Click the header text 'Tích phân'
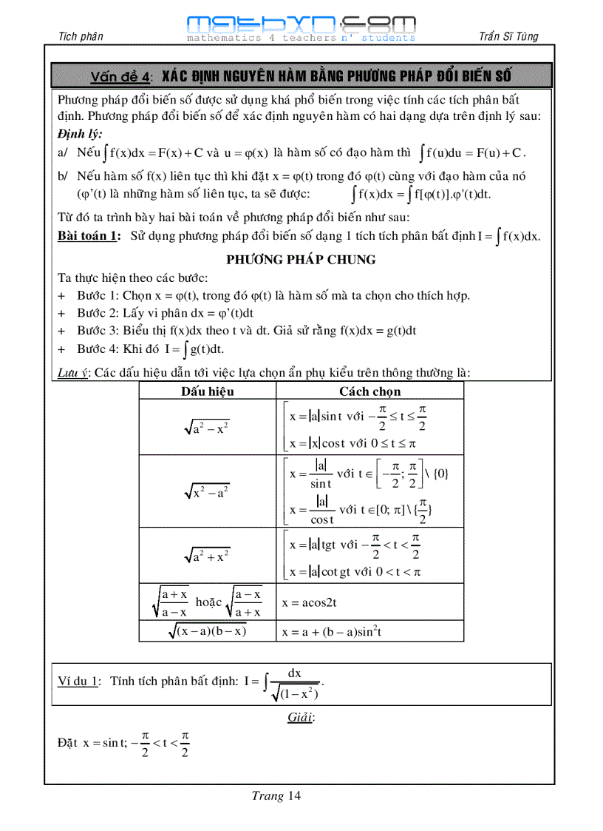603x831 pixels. pyautogui.click(x=81, y=37)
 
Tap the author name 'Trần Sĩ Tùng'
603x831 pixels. pyautogui.click(x=509, y=37)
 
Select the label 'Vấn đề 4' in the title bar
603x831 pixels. pyautogui.click(x=121, y=77)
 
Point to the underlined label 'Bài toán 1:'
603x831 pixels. pyautogui.click(x=89, y=236)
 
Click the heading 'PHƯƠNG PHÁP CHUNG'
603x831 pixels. pyautogui.click(x=301, y=260)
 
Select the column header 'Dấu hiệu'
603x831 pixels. pyautogui.click(x=207, y=391)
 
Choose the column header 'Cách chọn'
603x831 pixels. pyautogui.click(x=369, y=391)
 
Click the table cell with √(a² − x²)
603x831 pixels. pyautogui.click(x=207, y=428)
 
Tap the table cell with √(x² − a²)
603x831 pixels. pyautogui.click(x=207, y=491)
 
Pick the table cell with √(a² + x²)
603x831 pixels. pyautogui.click(x=207, y=556)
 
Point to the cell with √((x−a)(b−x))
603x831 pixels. pyautogui.click(x=207, y=630)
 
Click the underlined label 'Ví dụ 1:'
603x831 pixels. pyautogui.click(x=79, y=682)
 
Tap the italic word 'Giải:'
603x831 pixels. pyautogui.click(x=301, y=717)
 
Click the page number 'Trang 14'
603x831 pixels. pyautogui.click(x=276, y=796)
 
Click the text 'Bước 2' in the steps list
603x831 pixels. pyautogui.click(x=94, y=312)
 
